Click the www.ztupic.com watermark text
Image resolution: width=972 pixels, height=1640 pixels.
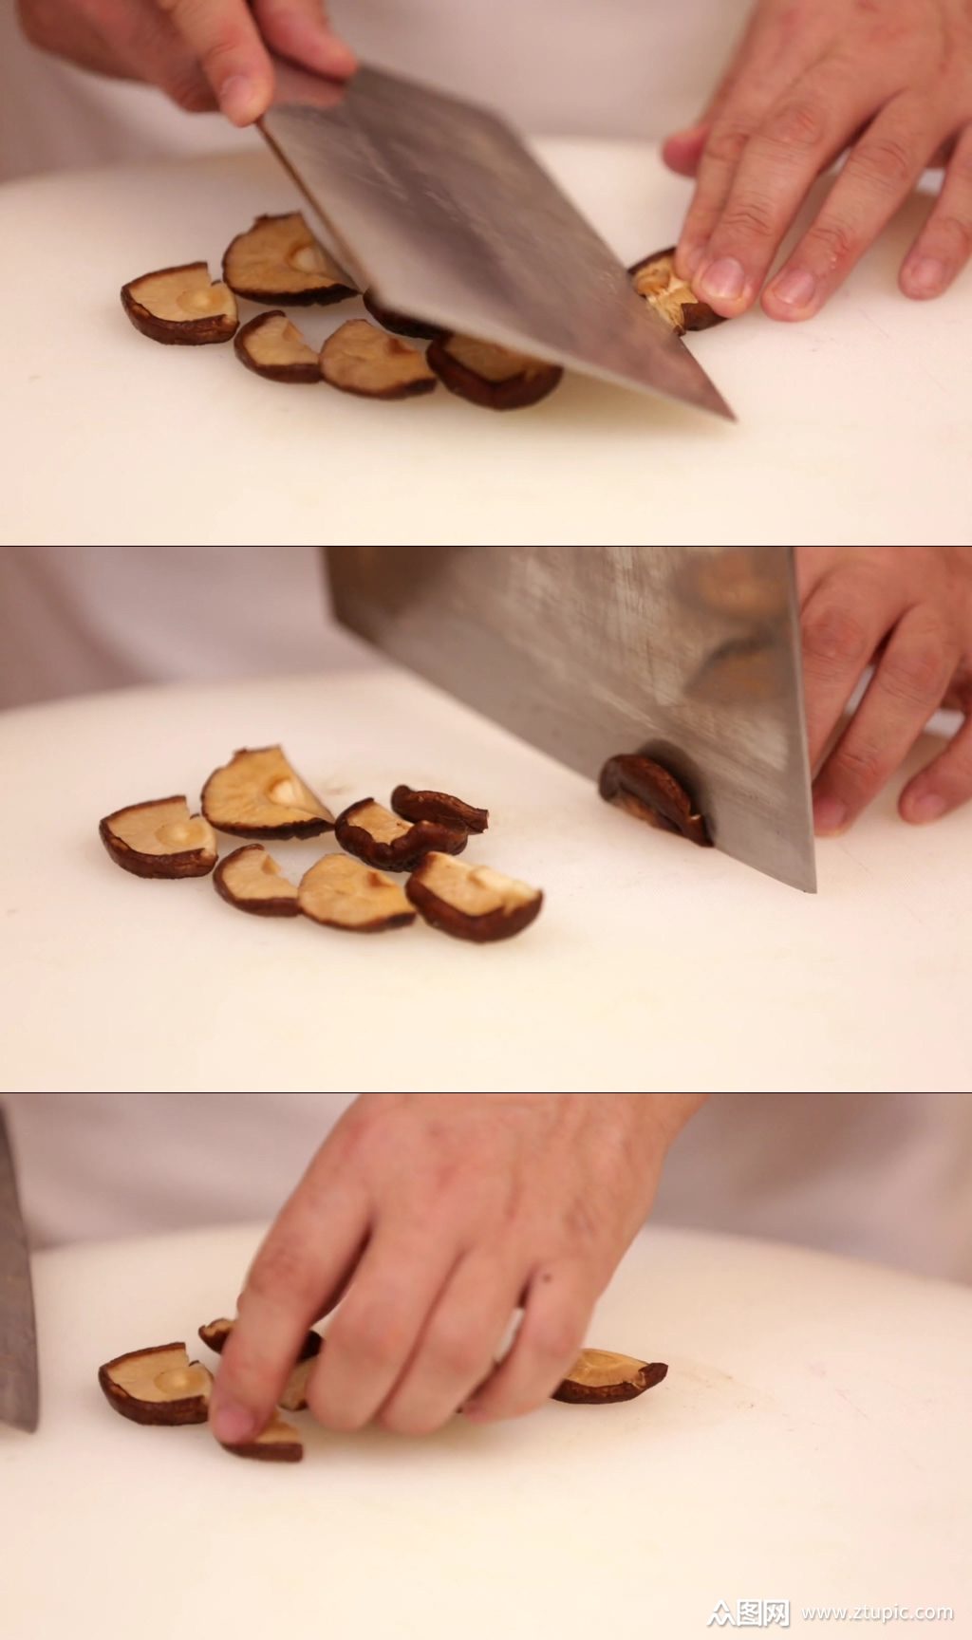click(x=877, y=1612)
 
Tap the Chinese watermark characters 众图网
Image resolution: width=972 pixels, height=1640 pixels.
click(x=750, y=1611)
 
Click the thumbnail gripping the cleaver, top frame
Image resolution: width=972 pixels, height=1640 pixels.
click(x=245, y=95)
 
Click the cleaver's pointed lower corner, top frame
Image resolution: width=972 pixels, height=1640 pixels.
click(x=731, y=417)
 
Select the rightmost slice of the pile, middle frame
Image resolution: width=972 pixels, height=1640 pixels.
click(x=474, y=896)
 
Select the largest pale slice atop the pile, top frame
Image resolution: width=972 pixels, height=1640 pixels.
click(x=282, y=258)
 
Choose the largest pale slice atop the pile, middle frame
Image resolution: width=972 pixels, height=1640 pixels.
click(x=264, y=793)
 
